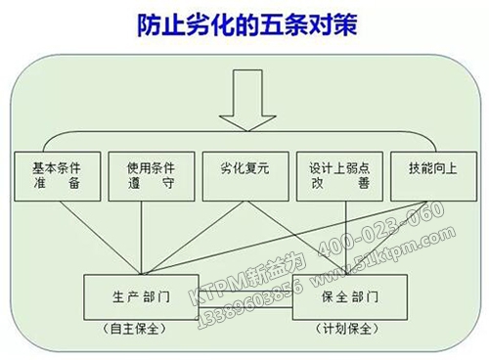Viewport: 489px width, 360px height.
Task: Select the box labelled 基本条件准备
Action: pyautogui.click(x=56, y=174)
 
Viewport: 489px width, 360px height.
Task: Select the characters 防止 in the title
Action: pyautogui.click(x=155, y=24)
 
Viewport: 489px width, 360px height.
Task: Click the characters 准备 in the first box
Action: pyautogui.click(x=56, y=183)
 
